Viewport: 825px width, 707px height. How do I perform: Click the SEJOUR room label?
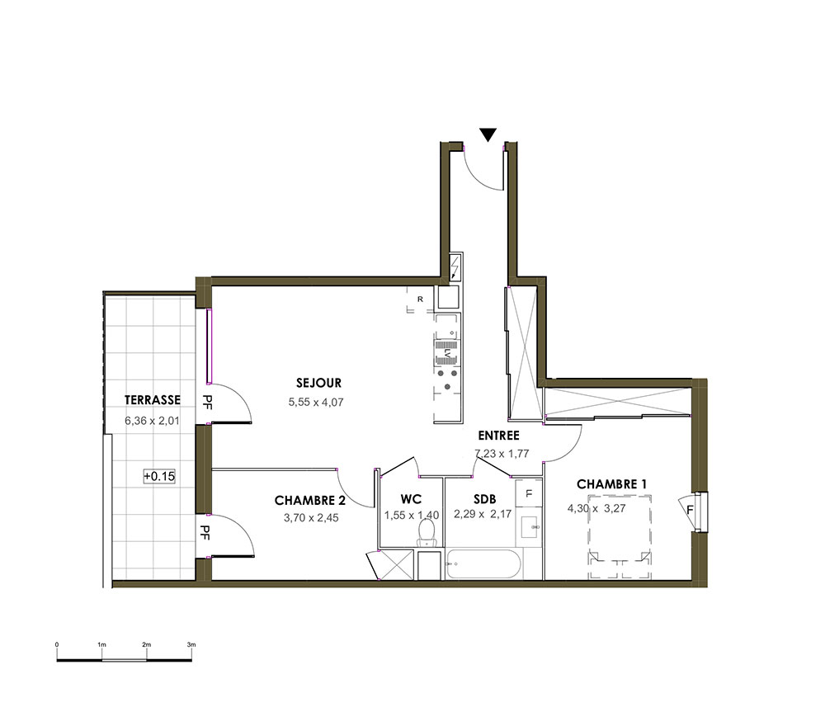coord(318,383)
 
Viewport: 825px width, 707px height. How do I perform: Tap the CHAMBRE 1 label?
coord(611,484)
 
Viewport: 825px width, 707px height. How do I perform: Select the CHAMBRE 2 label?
coord(310,500)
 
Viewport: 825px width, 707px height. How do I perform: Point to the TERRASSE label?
coord(153,400)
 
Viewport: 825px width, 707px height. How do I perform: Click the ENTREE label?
coord(499,436)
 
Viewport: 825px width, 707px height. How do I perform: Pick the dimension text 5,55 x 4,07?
coord(316,403)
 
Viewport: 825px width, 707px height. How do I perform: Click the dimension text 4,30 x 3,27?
coord(596,509)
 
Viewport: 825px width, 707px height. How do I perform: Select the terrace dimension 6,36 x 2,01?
coord(152,421)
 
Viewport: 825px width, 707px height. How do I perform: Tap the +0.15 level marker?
coord(159,476)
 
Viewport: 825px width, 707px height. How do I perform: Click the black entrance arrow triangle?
coord(488,134)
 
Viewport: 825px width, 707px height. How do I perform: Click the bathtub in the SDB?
coord(483,564)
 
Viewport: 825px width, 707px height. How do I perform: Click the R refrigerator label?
coord(421,299)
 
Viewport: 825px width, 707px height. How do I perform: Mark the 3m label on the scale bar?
coord(191,644)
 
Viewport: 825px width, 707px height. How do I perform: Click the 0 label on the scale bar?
coord(57,644)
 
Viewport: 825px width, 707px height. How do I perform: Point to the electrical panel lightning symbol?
coord(455,267)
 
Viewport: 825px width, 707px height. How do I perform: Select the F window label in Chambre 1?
coord(690,511)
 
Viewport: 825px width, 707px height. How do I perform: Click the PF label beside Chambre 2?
coord(205,533)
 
